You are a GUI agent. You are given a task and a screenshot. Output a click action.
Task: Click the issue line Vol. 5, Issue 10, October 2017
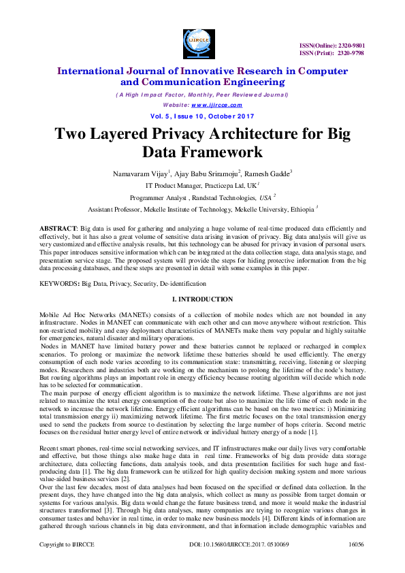pos(201,116)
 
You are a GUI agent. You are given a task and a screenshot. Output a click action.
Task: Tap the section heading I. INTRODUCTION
pos(202,299)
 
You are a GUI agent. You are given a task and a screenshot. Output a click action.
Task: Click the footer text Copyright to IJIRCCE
pos(66,564)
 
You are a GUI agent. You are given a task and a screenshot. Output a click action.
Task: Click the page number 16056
pos(356,564)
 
